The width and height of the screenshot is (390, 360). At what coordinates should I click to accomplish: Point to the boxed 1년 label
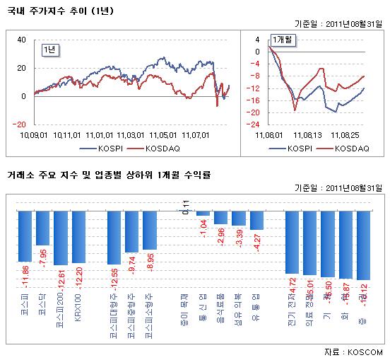(51, 49)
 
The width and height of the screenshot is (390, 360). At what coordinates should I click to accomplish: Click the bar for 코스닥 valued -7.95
(43, 228)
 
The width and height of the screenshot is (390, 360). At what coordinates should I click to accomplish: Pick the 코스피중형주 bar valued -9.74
(131, 231)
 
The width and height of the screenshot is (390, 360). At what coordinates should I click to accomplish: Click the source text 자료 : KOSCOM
(353, 352)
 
